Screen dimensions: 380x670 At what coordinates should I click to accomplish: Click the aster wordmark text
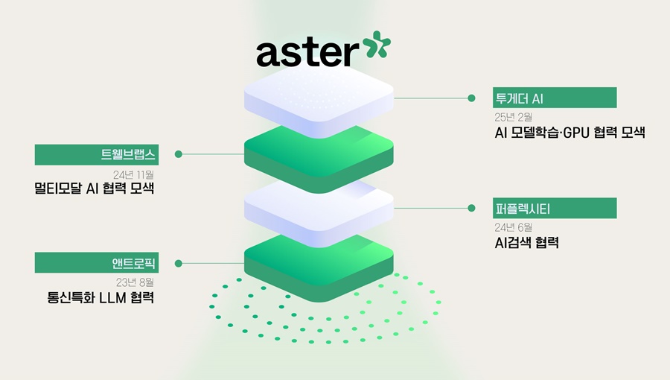pyautogui.click(x=307, y=53)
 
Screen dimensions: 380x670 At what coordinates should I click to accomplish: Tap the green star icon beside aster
pyautogui.click(x=376, y=45)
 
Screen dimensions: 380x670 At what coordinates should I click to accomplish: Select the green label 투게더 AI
pyautogui.click(x=555, y=98)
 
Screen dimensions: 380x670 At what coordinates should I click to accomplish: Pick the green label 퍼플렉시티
pyautogui.click(x=555, y=208)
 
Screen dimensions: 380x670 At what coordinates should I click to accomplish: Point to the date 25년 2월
pyautogui.click(x=513, y=117)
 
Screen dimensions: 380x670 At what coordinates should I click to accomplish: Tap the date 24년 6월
pyautogui.click(x=513, y=227)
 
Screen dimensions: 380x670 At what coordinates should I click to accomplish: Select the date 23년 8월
pyautogui.click(x=135, y=282)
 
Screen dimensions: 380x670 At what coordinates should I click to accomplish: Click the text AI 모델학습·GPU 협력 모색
pyautogui.click(x=569, y=134)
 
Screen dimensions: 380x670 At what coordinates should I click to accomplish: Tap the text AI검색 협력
pyautogui.click(x=526, y=243)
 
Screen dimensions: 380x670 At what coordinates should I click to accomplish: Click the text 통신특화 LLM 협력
pyautogui.click(x=100, y=298)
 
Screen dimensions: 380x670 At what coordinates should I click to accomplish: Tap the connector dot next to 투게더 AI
pyautogui.click(x=470, y=98)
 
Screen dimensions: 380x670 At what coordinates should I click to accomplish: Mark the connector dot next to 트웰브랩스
pyautogui.click(x=179, y=154)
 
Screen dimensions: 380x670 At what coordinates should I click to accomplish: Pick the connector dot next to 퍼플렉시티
pyautogui.click(x=470, y=208)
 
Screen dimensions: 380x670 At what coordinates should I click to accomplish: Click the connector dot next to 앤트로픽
pyautogui.click(x=179, y=262)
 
